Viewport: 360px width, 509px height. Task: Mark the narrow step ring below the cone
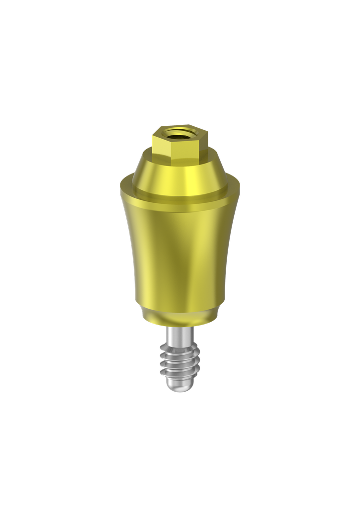point(179,202)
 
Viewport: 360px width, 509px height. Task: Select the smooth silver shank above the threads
point(179,334)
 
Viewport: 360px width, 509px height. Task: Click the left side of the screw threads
point(162,362)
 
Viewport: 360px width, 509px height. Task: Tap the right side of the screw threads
point(197,362)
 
